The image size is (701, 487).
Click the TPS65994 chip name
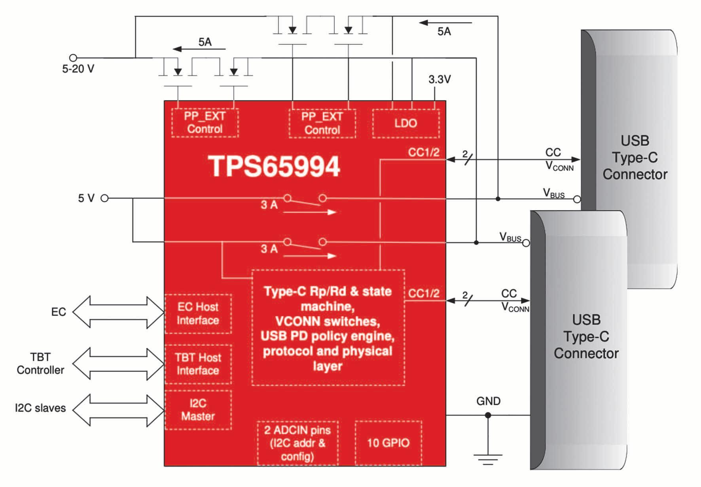point(274,166)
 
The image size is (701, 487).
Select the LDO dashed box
point(406,123)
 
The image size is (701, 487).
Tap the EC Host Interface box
point(198,313)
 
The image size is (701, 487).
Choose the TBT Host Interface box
point(198,364)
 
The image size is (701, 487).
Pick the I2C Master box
point(198,410)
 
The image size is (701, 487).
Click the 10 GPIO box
point(388,443)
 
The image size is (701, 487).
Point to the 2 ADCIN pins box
point(297,443)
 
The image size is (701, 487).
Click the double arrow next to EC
point(118,312)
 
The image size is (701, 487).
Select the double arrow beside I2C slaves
point(118,410)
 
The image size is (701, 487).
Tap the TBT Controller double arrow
point(118,364)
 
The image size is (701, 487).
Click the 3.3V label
point(440,79)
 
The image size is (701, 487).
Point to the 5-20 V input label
point(78,69)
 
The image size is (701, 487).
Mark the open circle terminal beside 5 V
point(104,198)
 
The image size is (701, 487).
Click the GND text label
point(488,401)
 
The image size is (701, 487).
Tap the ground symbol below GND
point(488,459)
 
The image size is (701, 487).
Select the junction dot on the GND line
point(488,415)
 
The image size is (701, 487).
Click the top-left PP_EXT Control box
point(205,123)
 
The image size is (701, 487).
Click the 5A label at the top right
point(444,32)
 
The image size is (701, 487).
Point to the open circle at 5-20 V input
point(73,58)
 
